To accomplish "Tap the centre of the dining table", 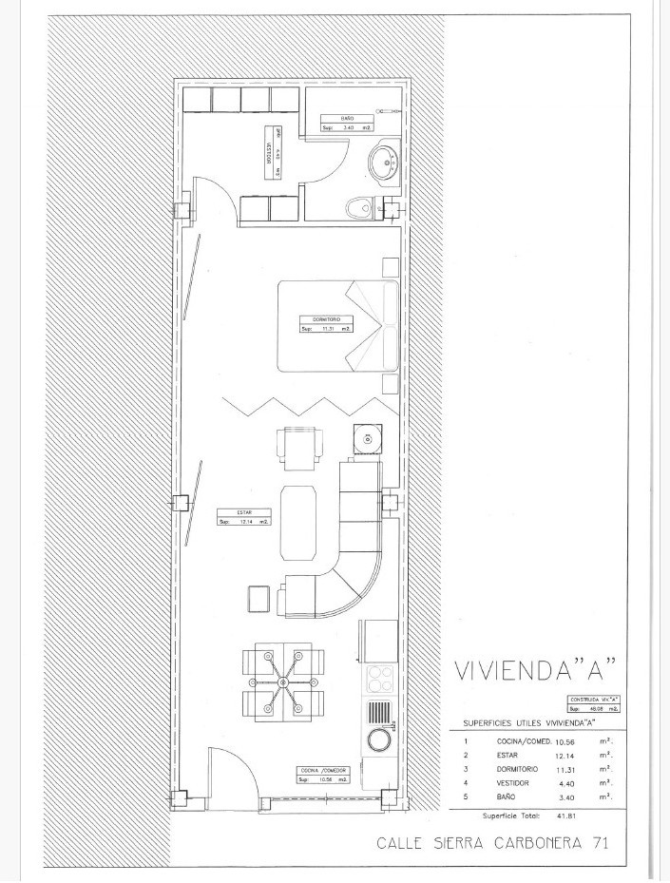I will pos(286,683).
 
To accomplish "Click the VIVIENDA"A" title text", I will pos(537,671).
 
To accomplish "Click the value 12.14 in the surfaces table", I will pos(567,754).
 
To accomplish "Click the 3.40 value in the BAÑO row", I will pos(567,797).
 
